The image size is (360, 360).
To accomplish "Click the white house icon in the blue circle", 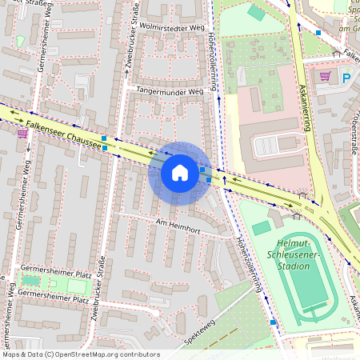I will coord(179,173).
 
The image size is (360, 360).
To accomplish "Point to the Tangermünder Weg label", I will coord(170,91).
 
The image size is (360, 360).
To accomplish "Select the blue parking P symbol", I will coord(346,78).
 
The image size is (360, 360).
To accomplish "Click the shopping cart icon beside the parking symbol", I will coord(325,78).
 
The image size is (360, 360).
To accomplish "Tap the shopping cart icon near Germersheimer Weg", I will coord(22,134).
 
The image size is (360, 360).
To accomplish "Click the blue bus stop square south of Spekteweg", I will coord(274,322).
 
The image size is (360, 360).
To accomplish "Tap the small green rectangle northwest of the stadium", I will coord(261,228).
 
